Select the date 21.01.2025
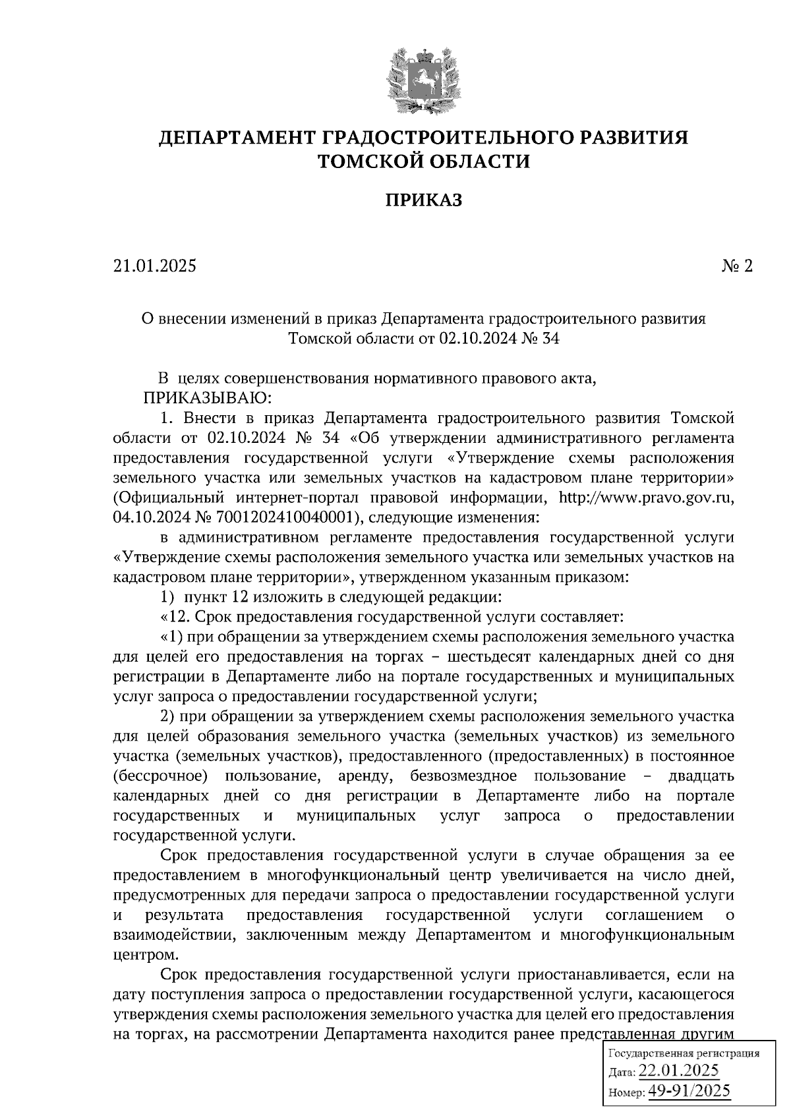coord(154,266)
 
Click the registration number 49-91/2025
coord(689,1091)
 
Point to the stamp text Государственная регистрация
coord(683,1053)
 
